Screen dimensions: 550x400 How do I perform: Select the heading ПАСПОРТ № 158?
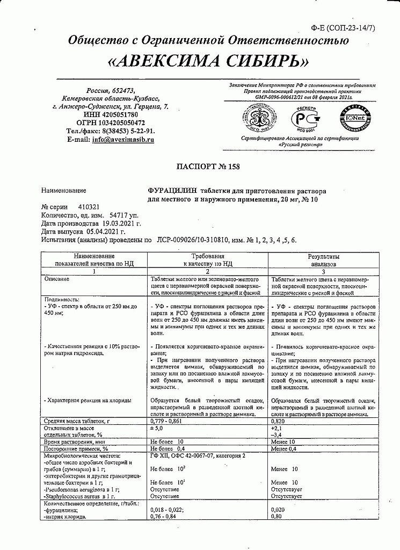(208, 167)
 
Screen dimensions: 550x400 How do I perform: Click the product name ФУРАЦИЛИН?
(172, 191)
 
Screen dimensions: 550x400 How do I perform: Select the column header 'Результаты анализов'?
(323, 260)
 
